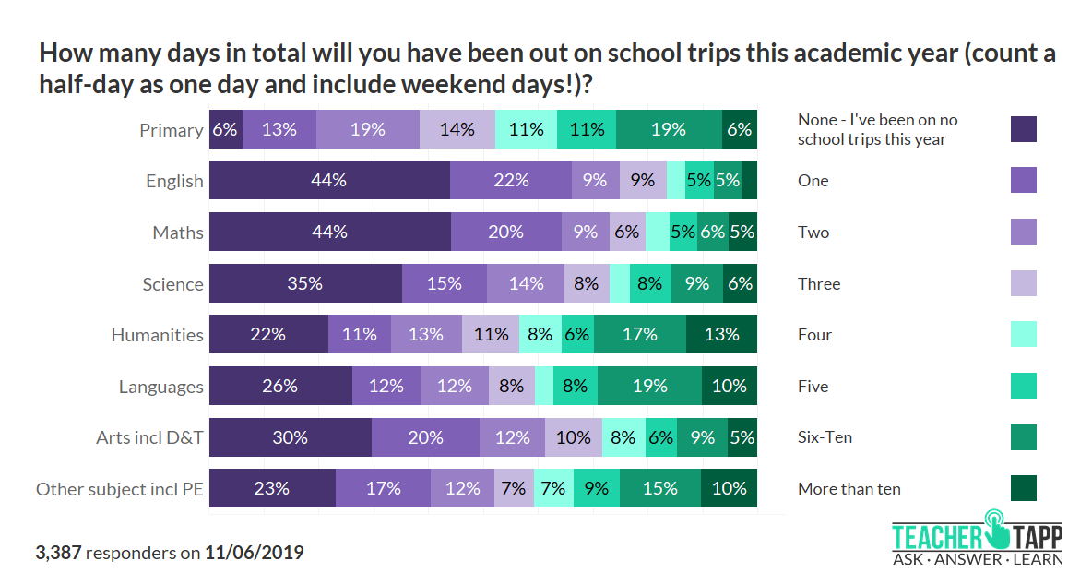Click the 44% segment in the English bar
click(x=329, y=181)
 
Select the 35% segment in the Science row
click(x=305, y=283)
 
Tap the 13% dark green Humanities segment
click(x=721, y=334)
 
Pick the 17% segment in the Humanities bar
click(x=639, y=334)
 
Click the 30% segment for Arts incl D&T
click(x=290, y=437)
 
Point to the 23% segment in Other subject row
click(x=272, y=488)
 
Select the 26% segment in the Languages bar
click(x=280, y=386)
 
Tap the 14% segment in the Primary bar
click(x=457, y=129)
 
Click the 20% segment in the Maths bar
click(x=505, y=232)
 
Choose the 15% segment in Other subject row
click(x=659, y=488)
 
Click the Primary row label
click(x=171, y=130)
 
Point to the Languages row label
click(x=160, y=387)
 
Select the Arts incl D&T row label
click(x=149, y=437)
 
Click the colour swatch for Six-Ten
click(x=1024, y=437)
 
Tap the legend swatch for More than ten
click(x=1024, y=488)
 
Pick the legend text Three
click(x=819, y=283)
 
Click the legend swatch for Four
click(x=1024, y=334)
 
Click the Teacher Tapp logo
click(x=977, y=540)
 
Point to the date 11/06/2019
click(x=254, y=554)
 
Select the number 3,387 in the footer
click(x=59, y=554)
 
